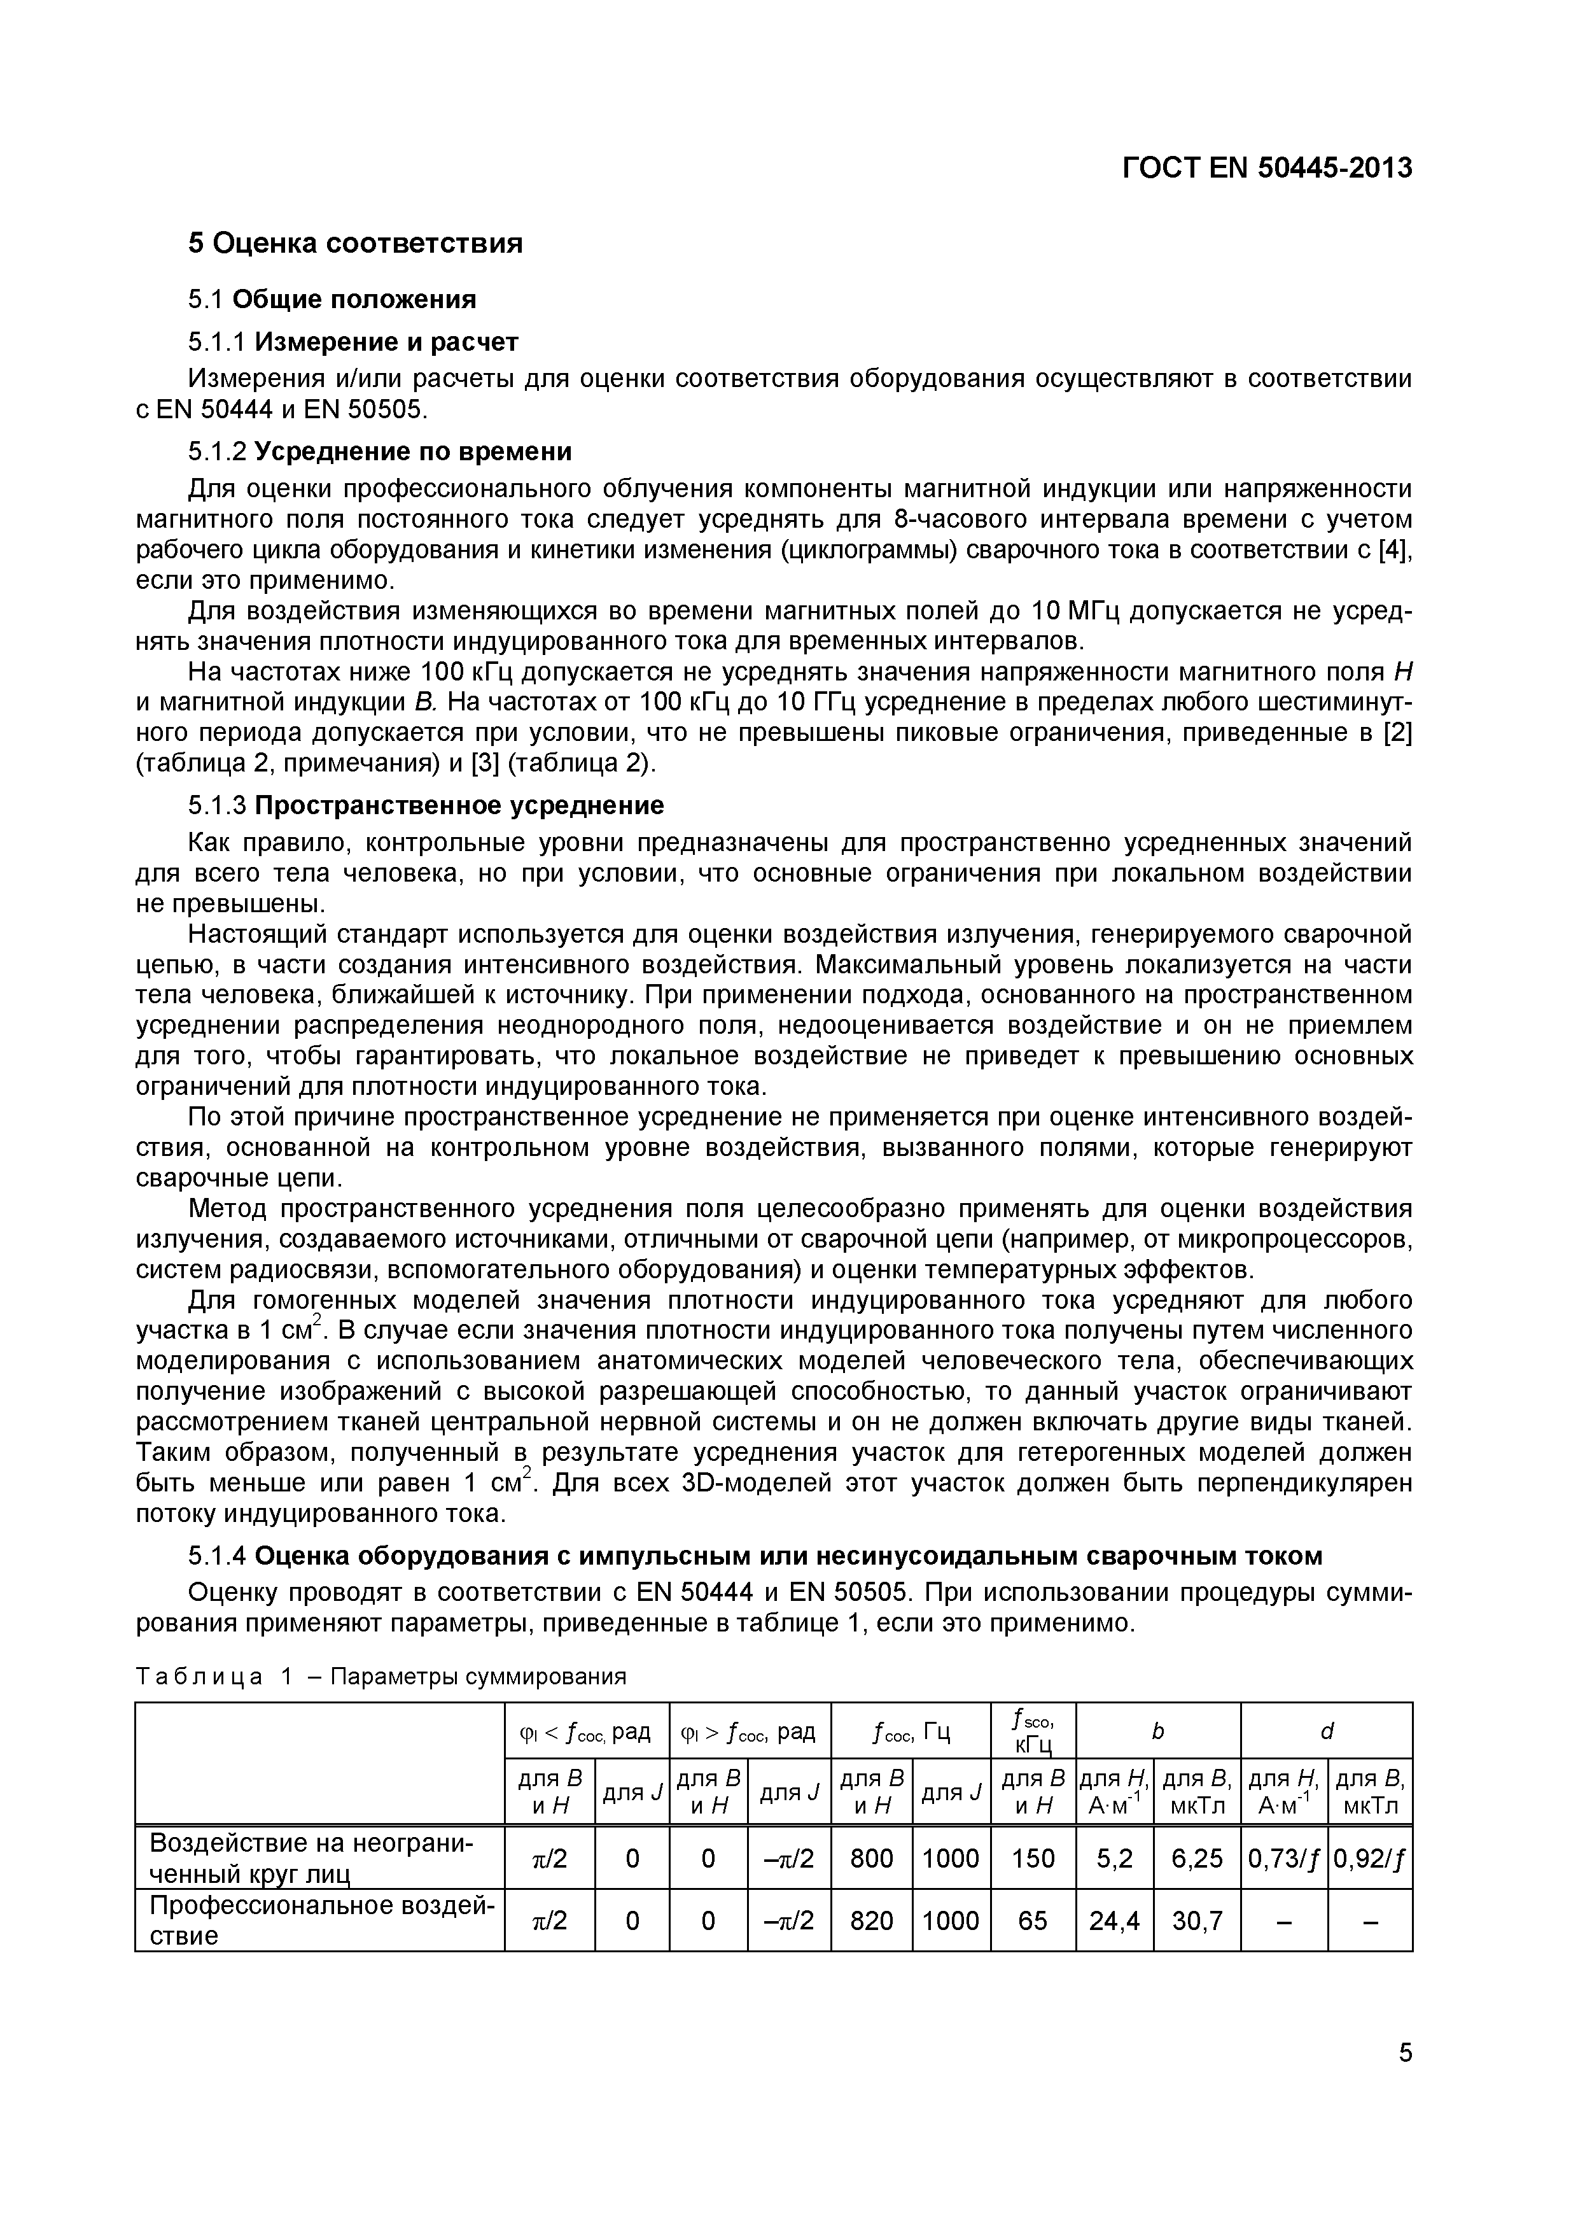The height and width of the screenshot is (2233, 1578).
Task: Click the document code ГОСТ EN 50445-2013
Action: (1266, 168)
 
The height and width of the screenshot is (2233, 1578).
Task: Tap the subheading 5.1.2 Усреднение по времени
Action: (379, 451)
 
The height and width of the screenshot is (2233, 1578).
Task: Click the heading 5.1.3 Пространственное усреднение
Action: (426, 805)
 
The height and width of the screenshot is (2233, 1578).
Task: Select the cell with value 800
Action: (871, 1859)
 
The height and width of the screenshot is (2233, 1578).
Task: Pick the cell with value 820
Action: (871, 1921)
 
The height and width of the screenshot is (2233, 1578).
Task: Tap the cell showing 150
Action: (1033, 1859)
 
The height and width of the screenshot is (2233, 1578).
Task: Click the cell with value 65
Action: (1033, 1921)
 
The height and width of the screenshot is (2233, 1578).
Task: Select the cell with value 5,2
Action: (1114, 1859)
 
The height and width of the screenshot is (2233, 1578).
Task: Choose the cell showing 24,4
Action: (1114, 1921)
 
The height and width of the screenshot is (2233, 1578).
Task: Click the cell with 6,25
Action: (1197, 1859)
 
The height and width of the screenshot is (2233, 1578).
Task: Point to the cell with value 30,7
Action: (1197, 1921)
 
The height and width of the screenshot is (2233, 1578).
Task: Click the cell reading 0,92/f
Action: (1369, 1859)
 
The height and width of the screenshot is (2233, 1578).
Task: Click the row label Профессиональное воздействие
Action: (321, 1921)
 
